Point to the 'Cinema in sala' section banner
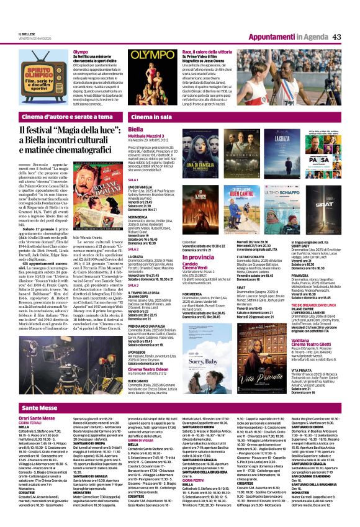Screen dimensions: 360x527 tap(151, 116)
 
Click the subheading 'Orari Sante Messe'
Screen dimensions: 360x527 tap(37, 401)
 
